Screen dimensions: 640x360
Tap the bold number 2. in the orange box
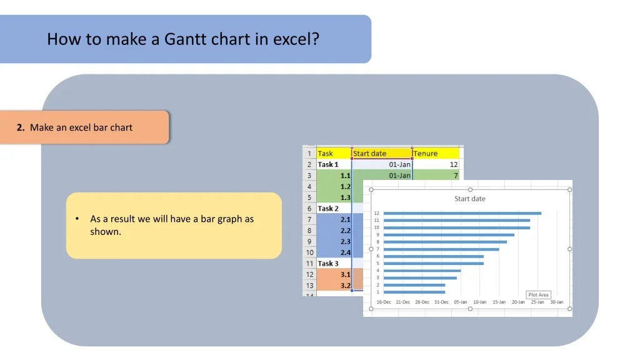(x=21, y=127)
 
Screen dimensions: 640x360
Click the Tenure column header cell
(x=436, y=153)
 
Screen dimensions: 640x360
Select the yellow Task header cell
(x=334, y=153)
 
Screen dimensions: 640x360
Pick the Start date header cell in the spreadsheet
(x=382, y=153)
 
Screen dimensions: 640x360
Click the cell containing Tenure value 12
(x=436, y=164)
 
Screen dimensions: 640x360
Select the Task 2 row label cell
(x=334, y=208)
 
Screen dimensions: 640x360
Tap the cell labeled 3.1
(x=334, y=274)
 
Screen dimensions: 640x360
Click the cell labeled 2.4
(x=334, y=252)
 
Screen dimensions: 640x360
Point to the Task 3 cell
(x=334, y=263)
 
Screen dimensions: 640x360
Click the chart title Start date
(x=470, y=199)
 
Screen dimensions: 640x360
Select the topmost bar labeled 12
(x=462, y=213)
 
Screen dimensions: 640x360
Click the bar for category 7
(x=441, y=249)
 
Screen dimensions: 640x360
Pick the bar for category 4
(x=422, y=271)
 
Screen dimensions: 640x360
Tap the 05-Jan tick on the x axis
(x=461, y=302)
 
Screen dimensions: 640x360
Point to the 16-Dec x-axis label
(x=384, y=302)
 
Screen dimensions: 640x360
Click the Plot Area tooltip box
(x=538, y=295)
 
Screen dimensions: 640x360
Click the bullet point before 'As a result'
(x=77, y=219)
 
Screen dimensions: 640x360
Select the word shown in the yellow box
(x=105, y=232)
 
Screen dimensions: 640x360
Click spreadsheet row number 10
(x=310, y=252)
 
